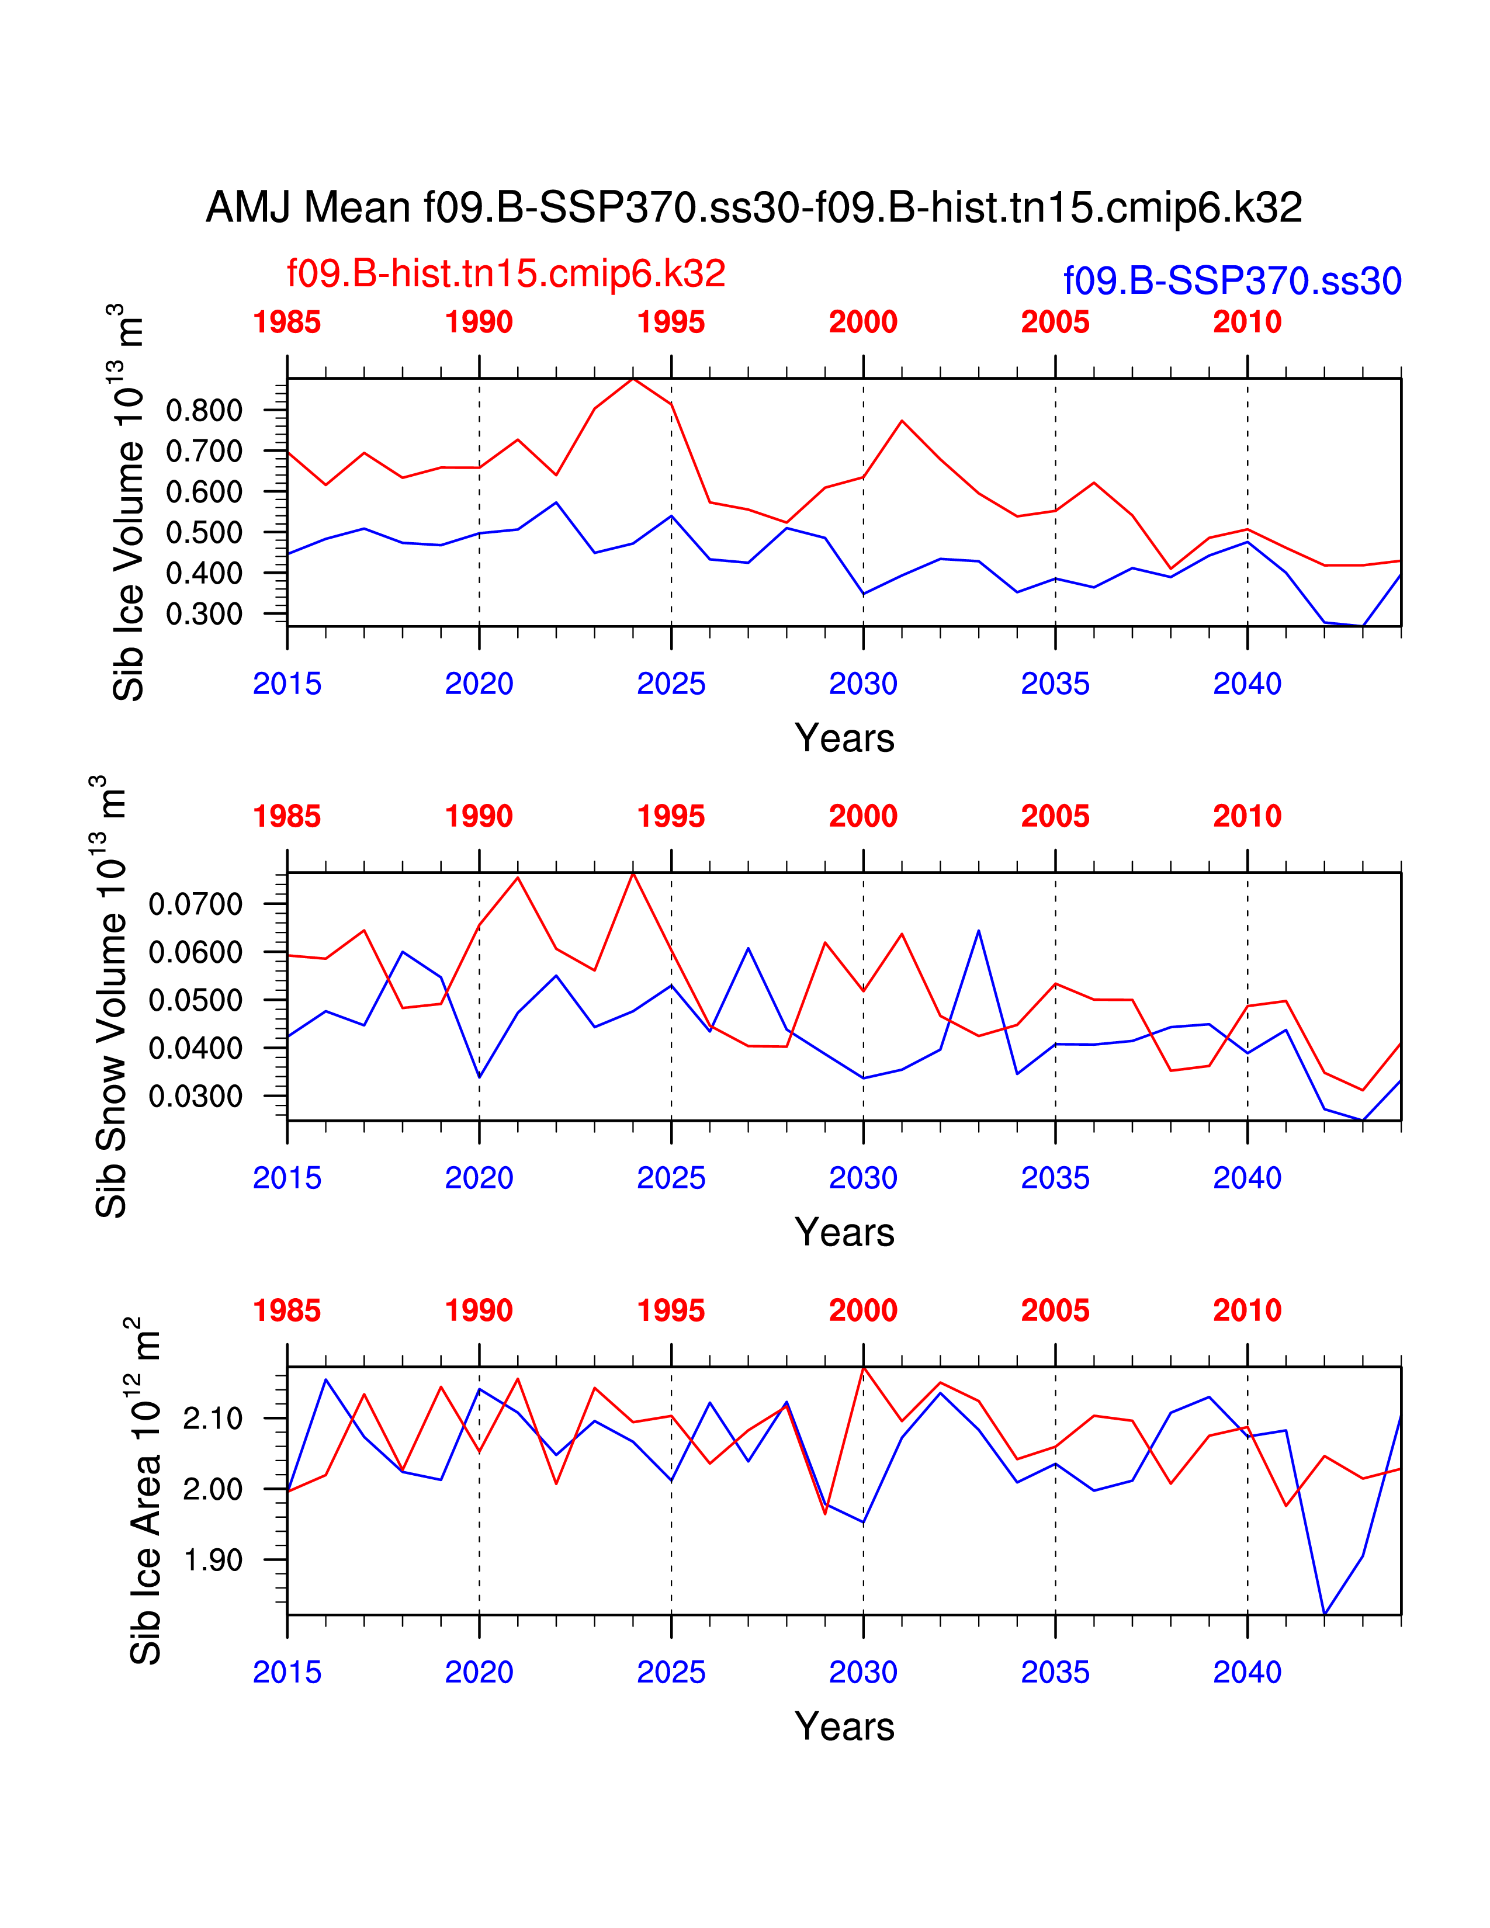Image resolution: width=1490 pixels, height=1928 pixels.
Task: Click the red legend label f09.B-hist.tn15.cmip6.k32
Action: point(506,273)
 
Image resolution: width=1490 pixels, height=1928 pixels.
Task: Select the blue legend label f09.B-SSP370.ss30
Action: point(1232,280)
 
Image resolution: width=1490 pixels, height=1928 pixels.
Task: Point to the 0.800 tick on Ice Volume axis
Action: point(204,411)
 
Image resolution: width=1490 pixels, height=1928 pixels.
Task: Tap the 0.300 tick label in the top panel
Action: point(204,613)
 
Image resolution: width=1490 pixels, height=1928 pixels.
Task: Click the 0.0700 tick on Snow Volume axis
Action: point(195,904)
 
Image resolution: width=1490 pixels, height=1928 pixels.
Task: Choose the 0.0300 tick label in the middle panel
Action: point(195,1097)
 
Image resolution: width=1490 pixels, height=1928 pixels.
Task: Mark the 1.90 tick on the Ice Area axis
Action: point(213,1560)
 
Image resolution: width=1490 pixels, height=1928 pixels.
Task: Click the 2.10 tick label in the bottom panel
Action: point(213,1419)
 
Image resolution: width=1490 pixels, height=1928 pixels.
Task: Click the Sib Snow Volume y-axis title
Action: point(110,997)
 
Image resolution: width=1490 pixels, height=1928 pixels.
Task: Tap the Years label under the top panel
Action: point(844,738)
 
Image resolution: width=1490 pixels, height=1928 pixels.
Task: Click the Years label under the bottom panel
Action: point(844,1726)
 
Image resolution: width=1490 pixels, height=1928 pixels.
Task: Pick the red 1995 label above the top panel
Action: point(671,323)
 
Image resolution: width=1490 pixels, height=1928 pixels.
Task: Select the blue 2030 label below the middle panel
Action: point(862,1178)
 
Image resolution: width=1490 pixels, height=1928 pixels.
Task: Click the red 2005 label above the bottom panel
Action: point(1055,1311)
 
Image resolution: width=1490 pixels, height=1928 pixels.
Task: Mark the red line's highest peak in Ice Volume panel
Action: point(633,379)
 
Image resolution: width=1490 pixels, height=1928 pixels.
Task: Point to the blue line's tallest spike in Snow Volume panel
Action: point(978,931)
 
